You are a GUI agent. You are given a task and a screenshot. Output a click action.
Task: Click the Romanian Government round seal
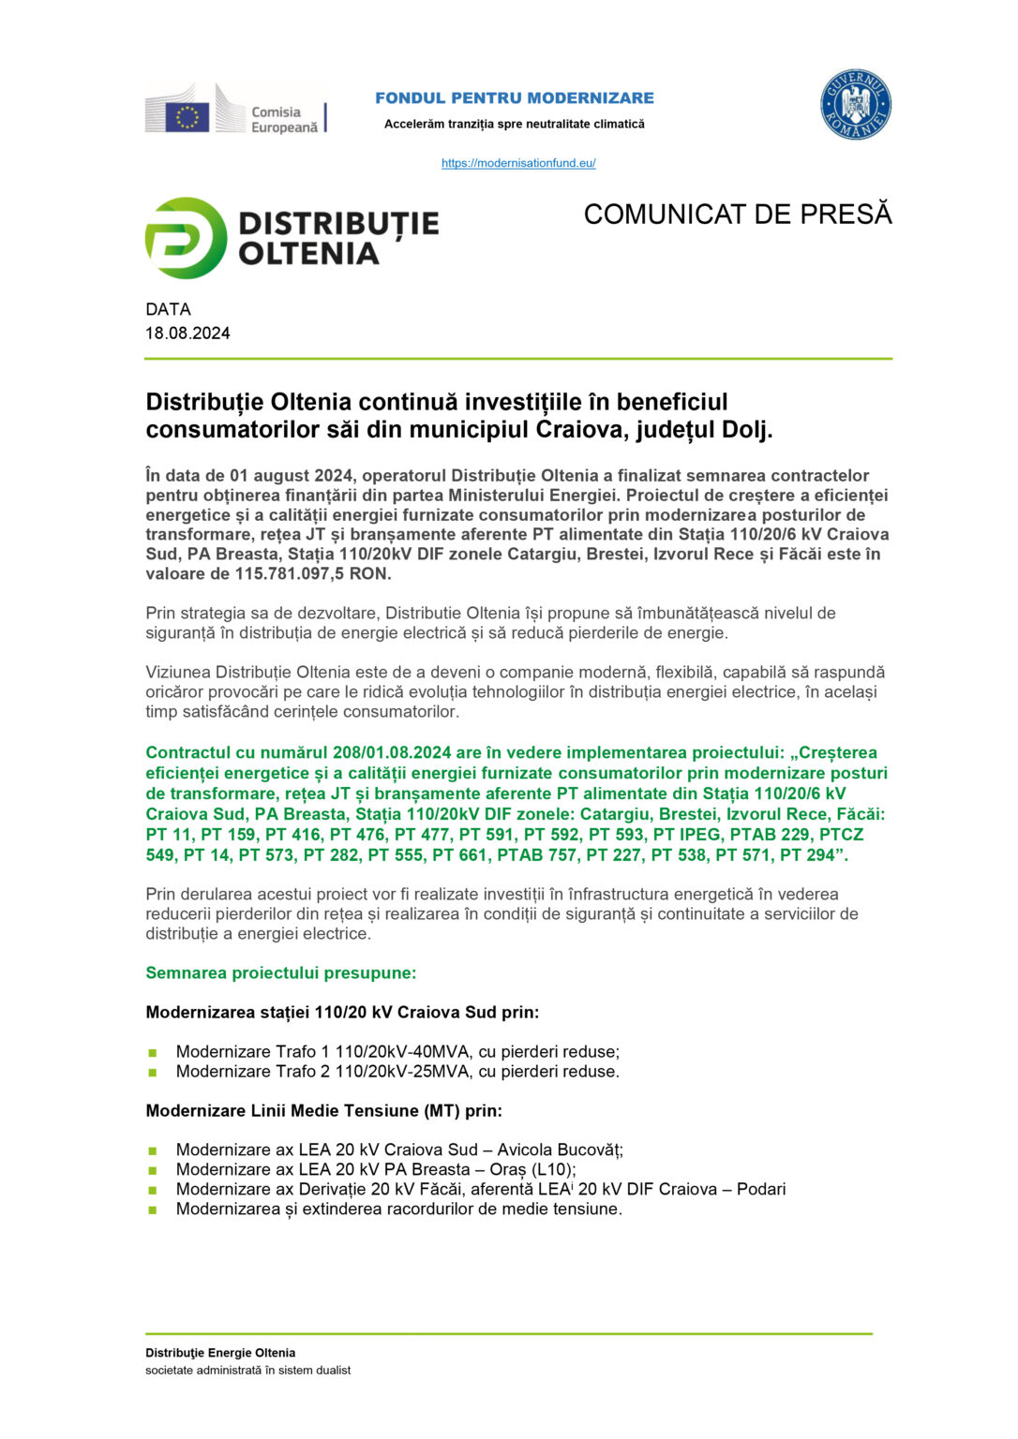coord(855,105)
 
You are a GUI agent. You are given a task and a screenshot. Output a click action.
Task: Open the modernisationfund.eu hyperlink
coord(518,163)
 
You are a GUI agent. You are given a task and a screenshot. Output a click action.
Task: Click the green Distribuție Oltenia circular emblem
coord(186,238)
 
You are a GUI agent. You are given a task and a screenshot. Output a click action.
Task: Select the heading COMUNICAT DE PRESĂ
coord(738,215)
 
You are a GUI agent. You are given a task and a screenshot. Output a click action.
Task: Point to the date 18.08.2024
coord(187,334)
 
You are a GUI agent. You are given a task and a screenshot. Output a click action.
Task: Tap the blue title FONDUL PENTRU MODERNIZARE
coord(515,97)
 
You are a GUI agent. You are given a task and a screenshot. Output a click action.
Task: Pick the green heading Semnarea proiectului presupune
coord(280,973)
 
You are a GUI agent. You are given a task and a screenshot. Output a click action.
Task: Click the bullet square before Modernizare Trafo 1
coord(153,1053)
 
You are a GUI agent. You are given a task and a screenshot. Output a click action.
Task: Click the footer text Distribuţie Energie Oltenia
coord(220,1353)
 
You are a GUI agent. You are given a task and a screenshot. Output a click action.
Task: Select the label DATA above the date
coord(168,309)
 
